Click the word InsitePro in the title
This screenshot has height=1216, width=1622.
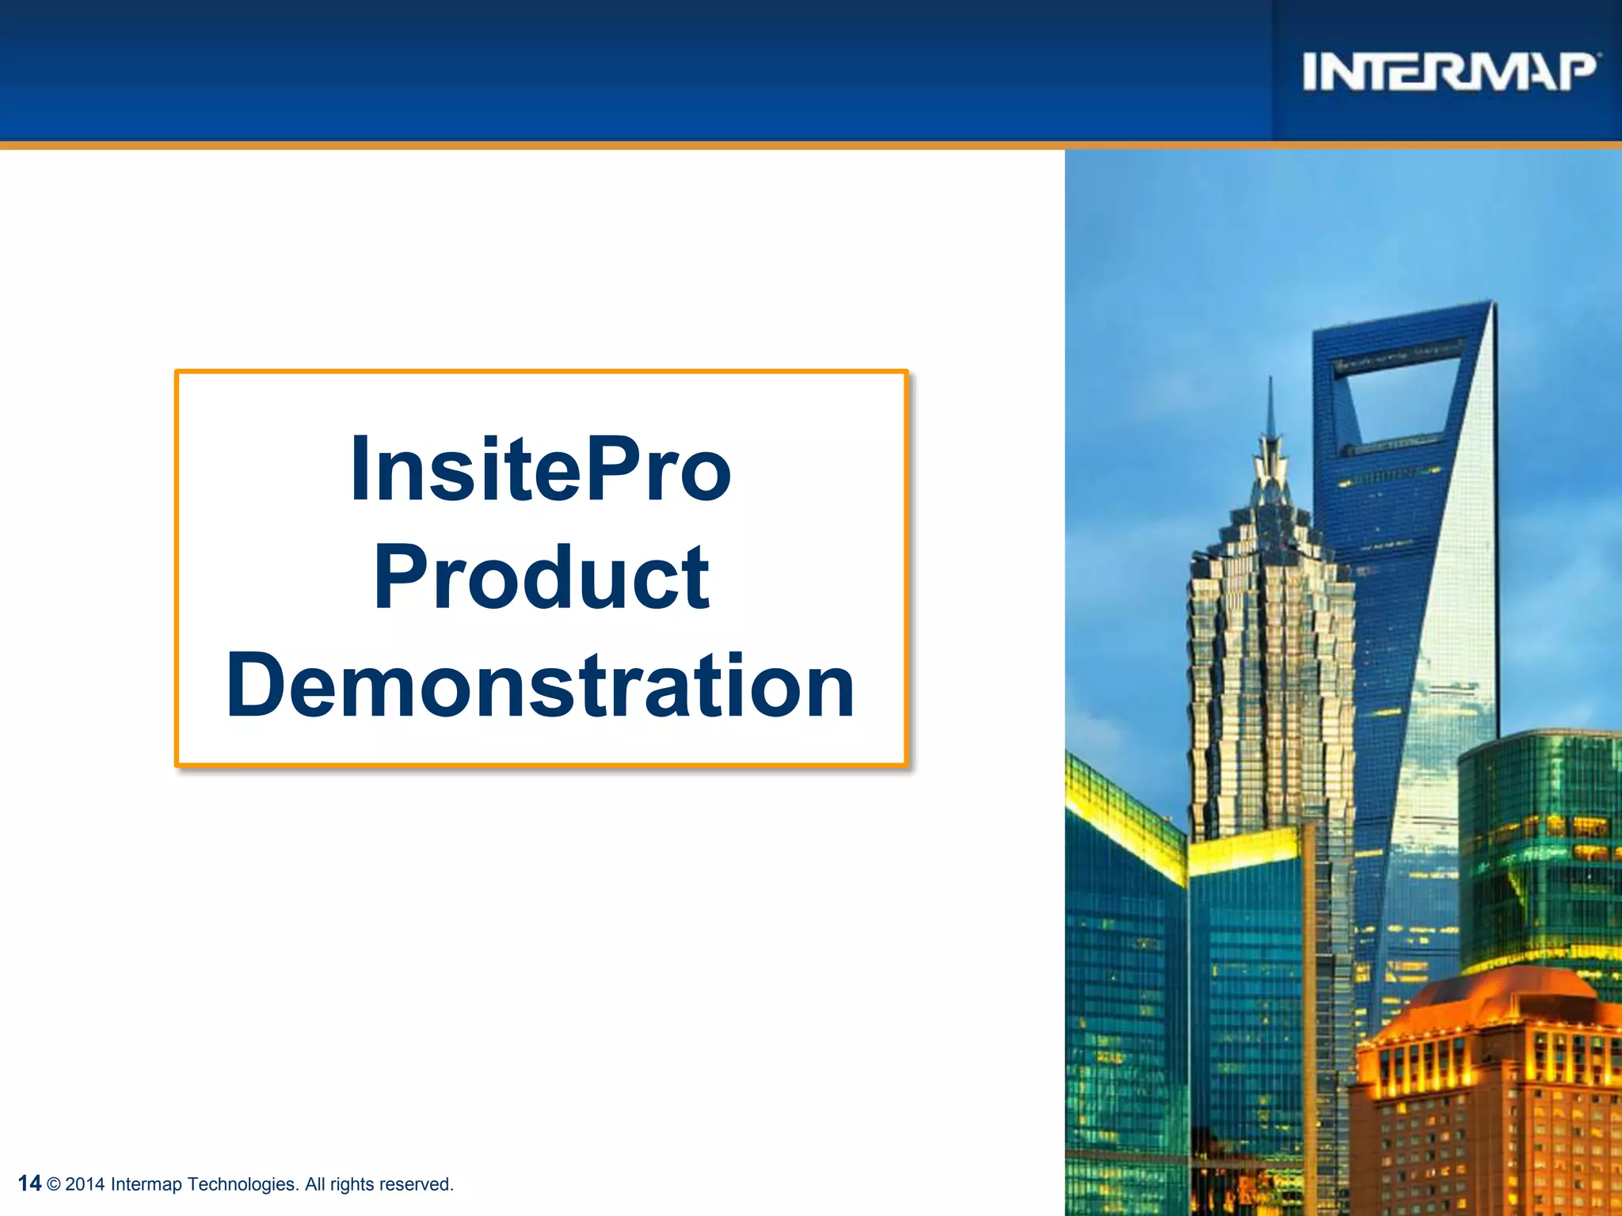(x=541, y=470)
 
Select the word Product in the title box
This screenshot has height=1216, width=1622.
(x=541, y=579)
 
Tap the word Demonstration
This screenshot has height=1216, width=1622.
(x=541, y=686)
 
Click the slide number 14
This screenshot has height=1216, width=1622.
(x=29, y=1183)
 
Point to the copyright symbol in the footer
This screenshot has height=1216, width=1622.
(x=54, y=1184)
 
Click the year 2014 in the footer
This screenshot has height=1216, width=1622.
(x=85, y=1184)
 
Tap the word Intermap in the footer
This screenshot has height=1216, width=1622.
(x=146, y=1184)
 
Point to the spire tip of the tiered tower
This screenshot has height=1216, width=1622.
(x=1270, y=383)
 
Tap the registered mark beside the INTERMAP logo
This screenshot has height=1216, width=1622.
(x=1600, y=55)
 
